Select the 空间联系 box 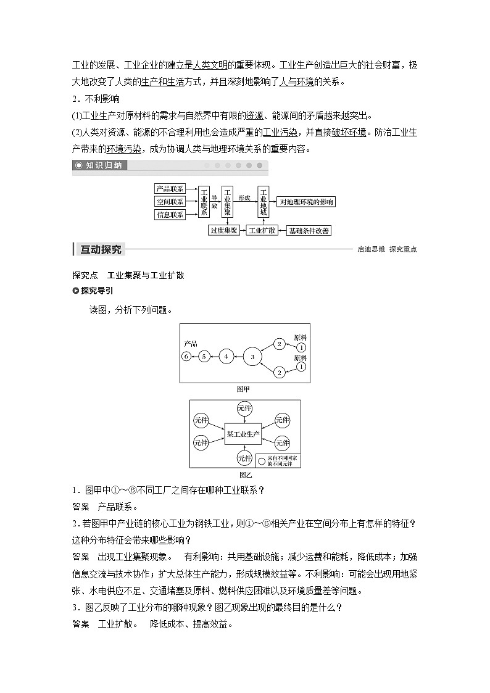coord(170,202)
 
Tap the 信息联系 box coord(170,215)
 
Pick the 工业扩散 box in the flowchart coord(262,231)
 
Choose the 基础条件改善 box coord(309,231)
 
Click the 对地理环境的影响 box coord(306,202)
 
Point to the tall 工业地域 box coord(264,202)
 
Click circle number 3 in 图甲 coord(252,356)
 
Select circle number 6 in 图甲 coord(186,356)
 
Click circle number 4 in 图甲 coord(226,356)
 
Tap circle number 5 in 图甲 coord(205,356)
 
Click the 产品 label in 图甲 coord(190,343)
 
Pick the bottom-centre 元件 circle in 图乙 coord(245,459)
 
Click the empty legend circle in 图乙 coord(262,460)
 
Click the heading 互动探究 coord(101,249)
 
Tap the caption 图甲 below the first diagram coord(244,389)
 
